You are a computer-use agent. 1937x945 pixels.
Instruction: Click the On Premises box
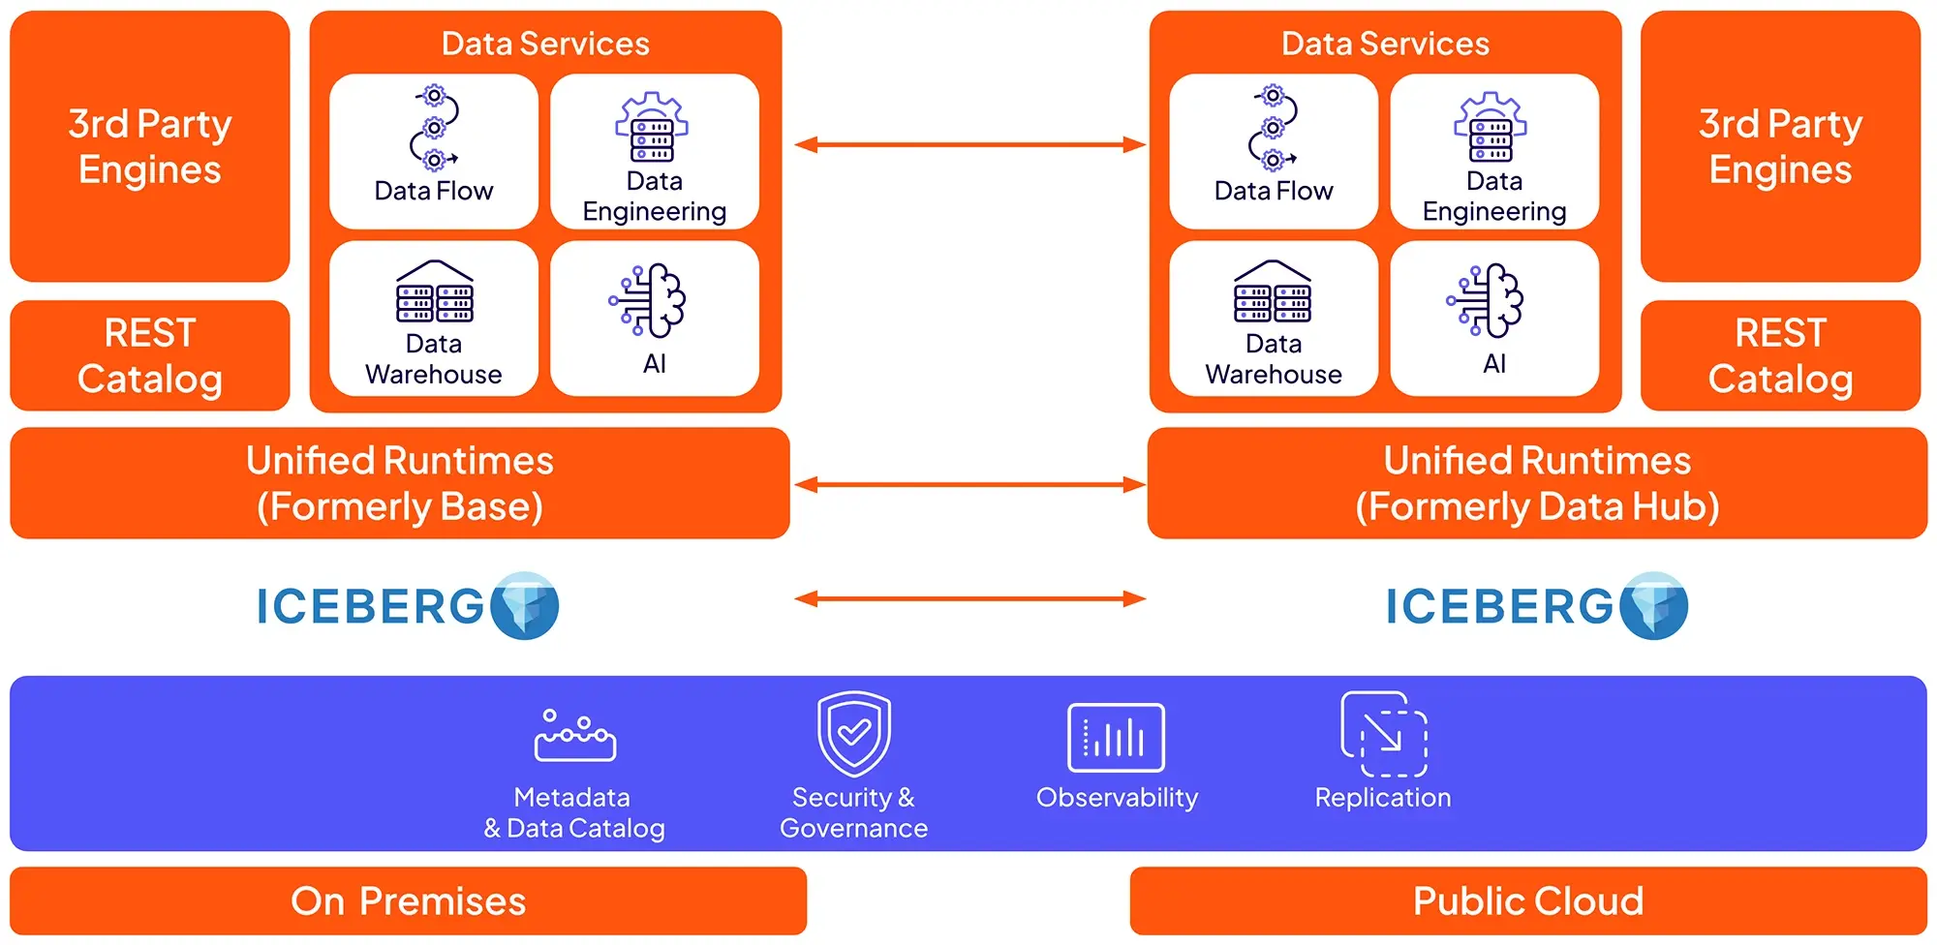tap(408, 900)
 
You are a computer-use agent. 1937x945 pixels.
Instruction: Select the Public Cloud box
tap(1527, 900)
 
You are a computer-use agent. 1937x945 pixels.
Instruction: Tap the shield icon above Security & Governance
tap(853, 733)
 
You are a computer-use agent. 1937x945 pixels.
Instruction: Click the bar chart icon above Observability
tap(1116, 738)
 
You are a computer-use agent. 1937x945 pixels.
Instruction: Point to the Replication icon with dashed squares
tap(1384, 734)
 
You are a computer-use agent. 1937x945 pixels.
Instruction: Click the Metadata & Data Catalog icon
tap(574, 737)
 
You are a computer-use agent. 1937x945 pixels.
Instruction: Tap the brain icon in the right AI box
tap(1488, 300)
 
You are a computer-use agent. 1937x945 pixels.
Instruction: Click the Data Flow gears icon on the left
tap(435, 128)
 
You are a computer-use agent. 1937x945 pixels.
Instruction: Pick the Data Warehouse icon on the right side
tap(1273, 291)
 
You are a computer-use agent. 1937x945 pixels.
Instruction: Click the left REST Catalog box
tap(150, 355)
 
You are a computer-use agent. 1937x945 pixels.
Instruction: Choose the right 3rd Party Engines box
tap(1780, 146)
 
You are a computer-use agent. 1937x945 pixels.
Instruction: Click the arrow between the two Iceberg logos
tap(969, 599)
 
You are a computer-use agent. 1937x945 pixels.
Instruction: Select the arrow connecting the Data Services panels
tap(969, 145)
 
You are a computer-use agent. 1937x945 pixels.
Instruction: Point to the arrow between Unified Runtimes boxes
tap(969, 484)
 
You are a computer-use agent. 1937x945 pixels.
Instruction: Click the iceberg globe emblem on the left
tap(525, 606)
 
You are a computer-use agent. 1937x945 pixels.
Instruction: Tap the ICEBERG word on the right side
tap(1498, 607)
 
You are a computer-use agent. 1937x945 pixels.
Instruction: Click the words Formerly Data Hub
tap(1537, 507)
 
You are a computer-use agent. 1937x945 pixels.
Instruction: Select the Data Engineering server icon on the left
tap(652, 128)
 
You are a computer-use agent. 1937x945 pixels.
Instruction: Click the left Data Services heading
tap(545, 44)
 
